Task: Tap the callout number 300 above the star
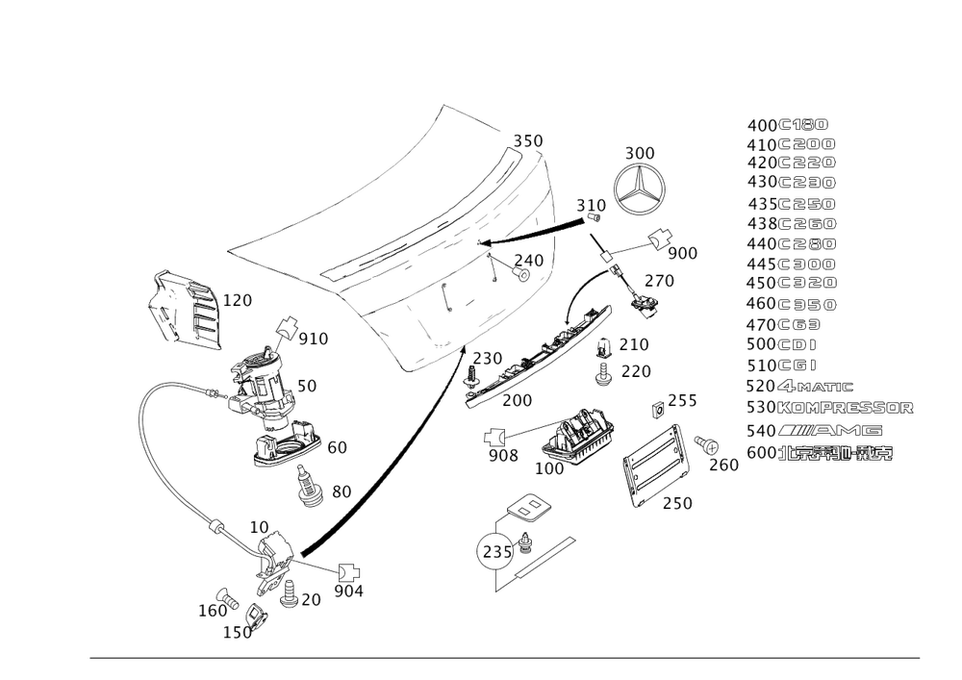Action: coord(640,154)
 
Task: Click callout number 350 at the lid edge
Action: coord(528,140)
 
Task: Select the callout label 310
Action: coord(591,206)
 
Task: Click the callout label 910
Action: coord(314,340)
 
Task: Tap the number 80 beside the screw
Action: coord(341,491)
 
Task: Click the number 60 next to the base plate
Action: coord(337,447)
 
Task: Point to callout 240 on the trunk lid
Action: coord(528,260)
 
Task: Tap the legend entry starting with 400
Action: coord(787,126)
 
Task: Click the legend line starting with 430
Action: coord(791,181)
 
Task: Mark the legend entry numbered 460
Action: coord(791,304)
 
